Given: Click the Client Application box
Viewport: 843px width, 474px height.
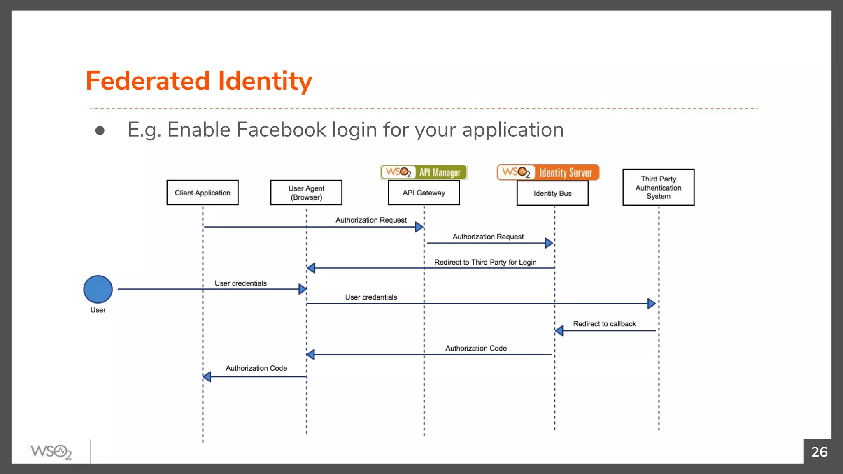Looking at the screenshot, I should pos(202,193).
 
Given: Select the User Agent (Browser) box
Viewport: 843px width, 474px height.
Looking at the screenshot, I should pos(306,193).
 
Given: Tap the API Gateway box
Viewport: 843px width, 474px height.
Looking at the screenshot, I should pos(424,193).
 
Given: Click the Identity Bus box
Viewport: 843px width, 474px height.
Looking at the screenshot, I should pos(552,193).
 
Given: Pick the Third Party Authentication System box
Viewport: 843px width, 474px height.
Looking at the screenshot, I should pos(658,187).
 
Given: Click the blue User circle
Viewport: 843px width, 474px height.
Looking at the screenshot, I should pos(98,289).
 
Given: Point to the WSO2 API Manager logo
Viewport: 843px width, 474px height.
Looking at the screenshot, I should pos(424,172).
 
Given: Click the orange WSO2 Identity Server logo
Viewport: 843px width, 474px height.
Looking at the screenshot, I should pos(548,172).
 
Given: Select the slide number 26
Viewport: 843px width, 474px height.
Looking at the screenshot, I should pos(819,452).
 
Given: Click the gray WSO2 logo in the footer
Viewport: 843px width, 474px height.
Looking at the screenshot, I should pos(51,452).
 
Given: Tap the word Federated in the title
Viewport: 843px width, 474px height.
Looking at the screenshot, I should pos(147,81).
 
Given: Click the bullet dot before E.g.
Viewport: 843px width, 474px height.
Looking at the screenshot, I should pos(100,131).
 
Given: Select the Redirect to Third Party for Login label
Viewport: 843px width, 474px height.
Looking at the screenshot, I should pos(485,262).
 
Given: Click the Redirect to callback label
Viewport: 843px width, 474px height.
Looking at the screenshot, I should pos(604,324).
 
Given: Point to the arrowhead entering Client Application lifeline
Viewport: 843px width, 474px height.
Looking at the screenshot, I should pos(207,376).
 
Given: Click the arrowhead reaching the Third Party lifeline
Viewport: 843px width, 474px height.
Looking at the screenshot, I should pos(651,304).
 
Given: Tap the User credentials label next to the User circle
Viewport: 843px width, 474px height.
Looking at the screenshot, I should pos(240,283).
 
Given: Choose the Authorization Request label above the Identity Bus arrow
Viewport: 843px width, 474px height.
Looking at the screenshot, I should pos(488,237).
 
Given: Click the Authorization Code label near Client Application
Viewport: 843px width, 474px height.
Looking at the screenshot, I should pos(256,368).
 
